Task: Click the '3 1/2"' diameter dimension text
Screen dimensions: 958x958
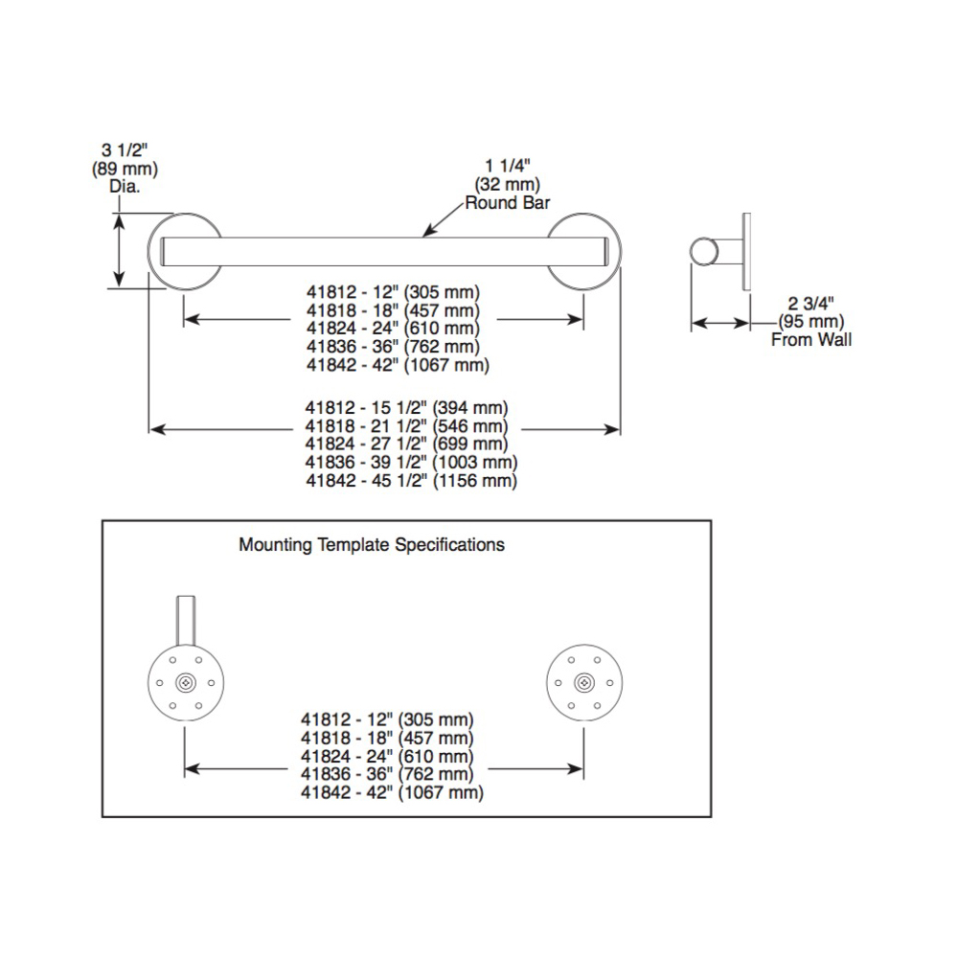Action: pos(125,149)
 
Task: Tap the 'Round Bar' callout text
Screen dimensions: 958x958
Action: pos(508,203)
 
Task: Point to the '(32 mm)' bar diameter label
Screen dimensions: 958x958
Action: pos(507,185)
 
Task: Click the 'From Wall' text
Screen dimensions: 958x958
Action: pos(811,340)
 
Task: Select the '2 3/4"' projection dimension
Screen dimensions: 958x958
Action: pos(810,303)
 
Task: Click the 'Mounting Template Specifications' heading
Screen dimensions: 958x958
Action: pos(372,545)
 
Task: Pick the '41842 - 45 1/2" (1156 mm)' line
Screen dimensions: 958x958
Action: pos(411,481)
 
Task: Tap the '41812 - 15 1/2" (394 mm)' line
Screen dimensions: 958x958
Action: pos(406,407)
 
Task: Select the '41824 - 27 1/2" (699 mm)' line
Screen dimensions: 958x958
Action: pos(406,445)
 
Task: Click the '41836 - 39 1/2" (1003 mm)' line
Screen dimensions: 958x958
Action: pos(411,463)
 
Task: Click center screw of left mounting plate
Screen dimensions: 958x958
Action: pos(186,683)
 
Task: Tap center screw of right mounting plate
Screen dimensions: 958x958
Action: pos(584,683)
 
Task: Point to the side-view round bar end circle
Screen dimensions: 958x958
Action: pos(704,252)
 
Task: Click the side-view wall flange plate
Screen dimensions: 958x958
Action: pos(746,252)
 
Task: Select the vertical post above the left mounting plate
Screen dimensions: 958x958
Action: pos(186,621)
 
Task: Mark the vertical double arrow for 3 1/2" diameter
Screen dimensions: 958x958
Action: pos(119,250)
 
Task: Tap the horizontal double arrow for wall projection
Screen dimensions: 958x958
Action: pos(720,323)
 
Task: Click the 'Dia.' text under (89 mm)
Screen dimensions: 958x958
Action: pos(125,187)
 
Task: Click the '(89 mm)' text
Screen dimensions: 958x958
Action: pos(125,168)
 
